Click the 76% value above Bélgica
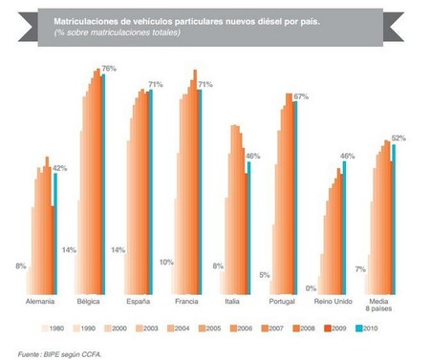coord(109,69)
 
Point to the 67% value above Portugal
coord(300,97)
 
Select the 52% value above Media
coord(399,139)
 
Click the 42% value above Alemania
coord(59,168)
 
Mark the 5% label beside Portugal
coord(264,276)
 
